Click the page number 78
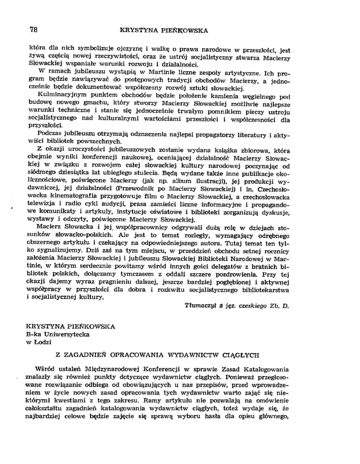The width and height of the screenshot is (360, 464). pos(33,30)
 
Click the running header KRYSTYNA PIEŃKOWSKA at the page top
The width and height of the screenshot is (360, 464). pos(164,31)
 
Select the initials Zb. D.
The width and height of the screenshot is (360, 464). pos(278,305)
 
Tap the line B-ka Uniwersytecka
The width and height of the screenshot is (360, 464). pos(58,334)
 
